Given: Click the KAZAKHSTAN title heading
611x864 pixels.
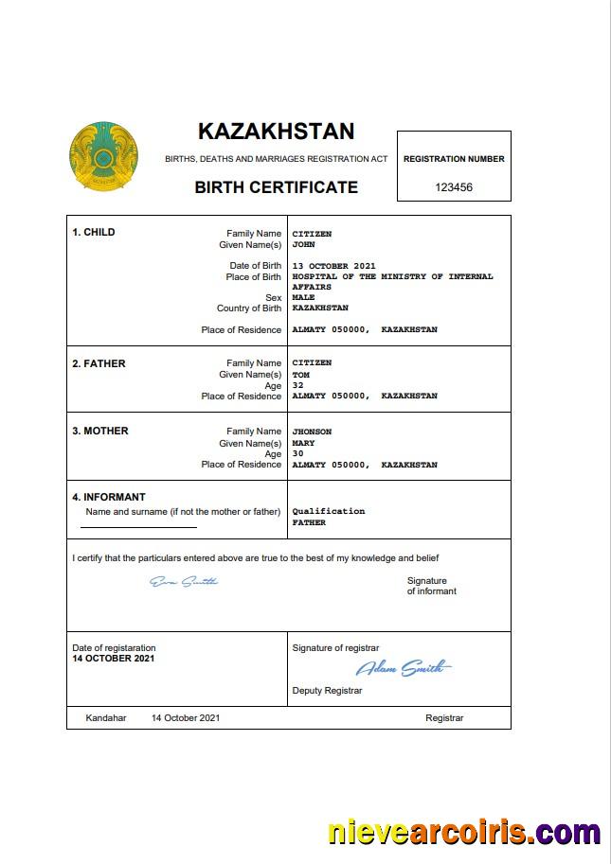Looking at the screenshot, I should [x=276, y=131].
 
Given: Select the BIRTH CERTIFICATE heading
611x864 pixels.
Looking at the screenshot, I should [x=276, y=187].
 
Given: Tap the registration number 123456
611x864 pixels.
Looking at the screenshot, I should [x=454, y=187].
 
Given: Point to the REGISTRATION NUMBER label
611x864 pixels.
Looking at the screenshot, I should [x=454, y=159].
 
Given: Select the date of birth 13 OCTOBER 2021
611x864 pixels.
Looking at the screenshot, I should [x=333, y=266].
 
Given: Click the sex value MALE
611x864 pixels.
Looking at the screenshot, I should [x=303, y=297].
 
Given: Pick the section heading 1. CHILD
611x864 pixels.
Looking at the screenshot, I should [x=94, y=232].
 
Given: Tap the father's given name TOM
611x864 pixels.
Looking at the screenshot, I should [x=300, y=375].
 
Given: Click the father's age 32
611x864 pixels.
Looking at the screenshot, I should [x=297, y=385].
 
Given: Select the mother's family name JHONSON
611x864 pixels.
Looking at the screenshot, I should [x=312, y=432].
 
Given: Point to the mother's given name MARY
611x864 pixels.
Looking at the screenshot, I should [x=303, y=443].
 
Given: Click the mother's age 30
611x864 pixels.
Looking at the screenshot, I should [x=297, y=453].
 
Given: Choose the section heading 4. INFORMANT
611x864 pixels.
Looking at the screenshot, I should [x=109, y=497].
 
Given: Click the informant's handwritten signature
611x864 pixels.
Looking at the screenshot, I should [x=184, y=581].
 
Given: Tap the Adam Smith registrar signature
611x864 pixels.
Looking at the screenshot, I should [x=404, y=668].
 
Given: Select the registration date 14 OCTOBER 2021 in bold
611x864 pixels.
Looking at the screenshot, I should [x=114, y=658].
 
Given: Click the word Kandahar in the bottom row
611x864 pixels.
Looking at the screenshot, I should [x=105, y=718].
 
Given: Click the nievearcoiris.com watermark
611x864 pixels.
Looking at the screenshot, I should [x=463, y=833].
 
